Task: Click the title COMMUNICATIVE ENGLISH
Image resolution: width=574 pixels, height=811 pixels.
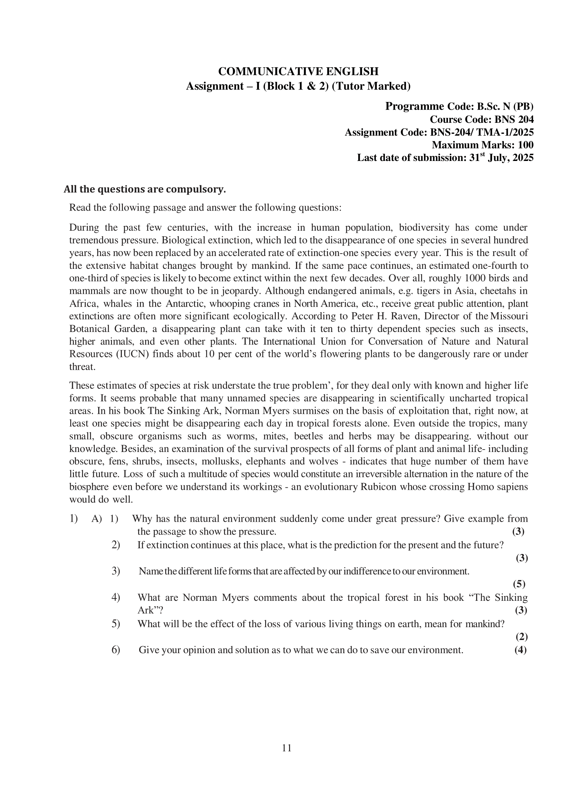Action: click(x=298, y=71)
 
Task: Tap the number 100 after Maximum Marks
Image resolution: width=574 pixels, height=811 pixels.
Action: click(x=525, y=145)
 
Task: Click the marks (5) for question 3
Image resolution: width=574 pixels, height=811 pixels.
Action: click(x=519, y=584)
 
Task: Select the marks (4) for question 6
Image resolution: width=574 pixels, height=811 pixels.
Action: click(x=520, y=650)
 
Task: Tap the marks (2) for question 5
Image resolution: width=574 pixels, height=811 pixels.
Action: click(x=521, y=637)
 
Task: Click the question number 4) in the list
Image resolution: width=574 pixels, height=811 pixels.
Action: click(x=116, y=597)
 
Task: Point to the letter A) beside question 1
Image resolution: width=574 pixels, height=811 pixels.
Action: click(x=96, y=519)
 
